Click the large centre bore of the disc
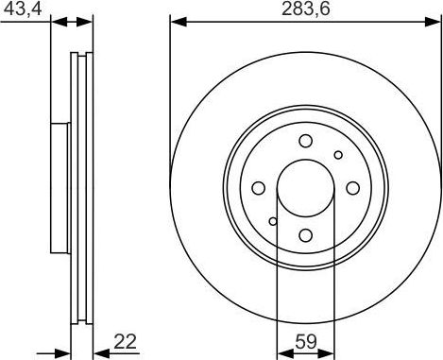(x=305, y=188)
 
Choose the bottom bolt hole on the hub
(x=305, y=236)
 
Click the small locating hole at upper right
(x=337, y=154)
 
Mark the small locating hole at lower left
(x=273, y=222)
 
